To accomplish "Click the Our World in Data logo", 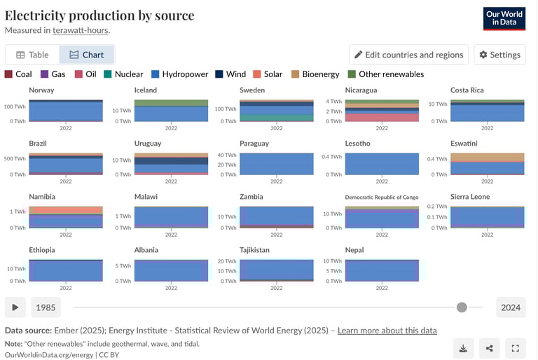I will (504, 19).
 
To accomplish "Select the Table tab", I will (32, 55).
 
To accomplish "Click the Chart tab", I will (86, 55).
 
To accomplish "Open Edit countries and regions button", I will (409, 55).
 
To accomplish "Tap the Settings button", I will (499, 55).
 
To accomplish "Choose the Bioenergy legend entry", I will (315, 74).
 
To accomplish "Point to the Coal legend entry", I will (18, 74).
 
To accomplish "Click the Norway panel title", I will (41, 90).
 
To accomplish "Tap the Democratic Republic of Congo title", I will (381, 198).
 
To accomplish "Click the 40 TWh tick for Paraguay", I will (227, 155).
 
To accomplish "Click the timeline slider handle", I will (462, 307).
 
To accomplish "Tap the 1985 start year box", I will (46, 307).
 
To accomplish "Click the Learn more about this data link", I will (387, 331).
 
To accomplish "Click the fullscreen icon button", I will (515, 348).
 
